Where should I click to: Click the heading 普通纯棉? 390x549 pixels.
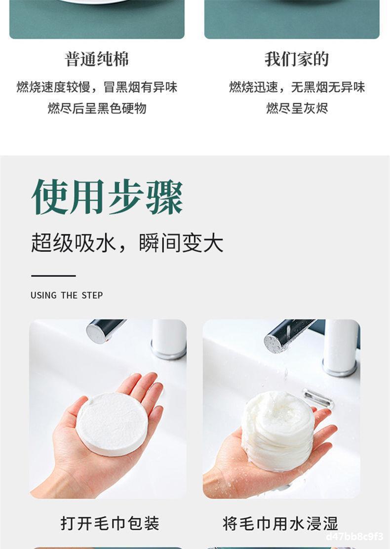click(97, 59)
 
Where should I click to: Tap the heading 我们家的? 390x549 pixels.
click(297, 59)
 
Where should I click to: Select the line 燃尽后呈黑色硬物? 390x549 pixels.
click(97, 108)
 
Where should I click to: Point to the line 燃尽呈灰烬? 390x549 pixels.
click(297, 108)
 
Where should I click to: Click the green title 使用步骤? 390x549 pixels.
click(107, 197)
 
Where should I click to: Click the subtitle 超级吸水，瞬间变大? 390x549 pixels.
click(127, 242)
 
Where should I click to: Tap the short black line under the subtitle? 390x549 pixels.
click(53, 276)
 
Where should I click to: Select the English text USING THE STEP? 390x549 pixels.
click(67, 296)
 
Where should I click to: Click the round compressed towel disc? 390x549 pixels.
click(112, 424)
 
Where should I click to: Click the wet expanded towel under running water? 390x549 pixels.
click(278, 431)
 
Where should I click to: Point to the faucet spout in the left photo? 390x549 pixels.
click(105, 330)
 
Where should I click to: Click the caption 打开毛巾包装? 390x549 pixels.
click(110, 523)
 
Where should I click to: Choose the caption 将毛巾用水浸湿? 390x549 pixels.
click(280, 523)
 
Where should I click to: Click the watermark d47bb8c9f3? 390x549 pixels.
click(354, 537)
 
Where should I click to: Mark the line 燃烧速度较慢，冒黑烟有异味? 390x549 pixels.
click(97, 87)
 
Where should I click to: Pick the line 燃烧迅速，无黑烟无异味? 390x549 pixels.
click(297, 87)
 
